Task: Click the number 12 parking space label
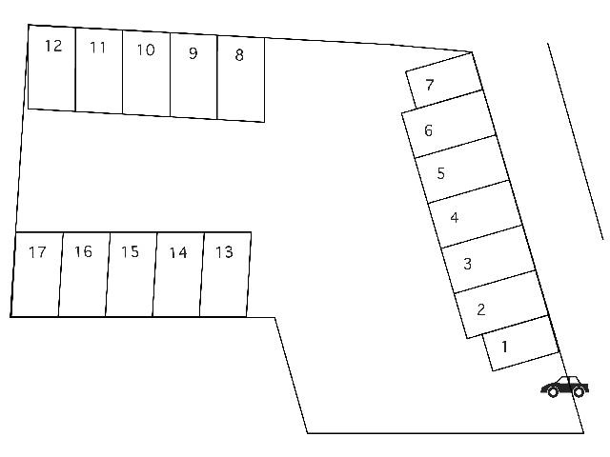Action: (53, 46)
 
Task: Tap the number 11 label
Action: (97, 48)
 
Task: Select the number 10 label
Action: (146, 50)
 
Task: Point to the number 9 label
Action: (193, 53)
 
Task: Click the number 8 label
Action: (239, 55)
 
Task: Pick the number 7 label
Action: (430, 85)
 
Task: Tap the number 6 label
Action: (428, 130)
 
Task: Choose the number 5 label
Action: (440, 173)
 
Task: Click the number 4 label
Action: (455, 218)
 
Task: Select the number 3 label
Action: (468, 264)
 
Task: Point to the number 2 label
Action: (480, 309)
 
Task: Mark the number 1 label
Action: (504, 347)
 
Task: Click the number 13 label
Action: (225, 252)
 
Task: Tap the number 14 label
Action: (178, 252)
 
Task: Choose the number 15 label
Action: (130, 251)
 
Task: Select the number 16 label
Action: (83, 251)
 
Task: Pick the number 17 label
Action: (37, 252)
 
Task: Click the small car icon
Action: (564, 387)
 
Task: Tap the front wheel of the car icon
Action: (553, 392)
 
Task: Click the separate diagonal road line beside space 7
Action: (576, 141)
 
